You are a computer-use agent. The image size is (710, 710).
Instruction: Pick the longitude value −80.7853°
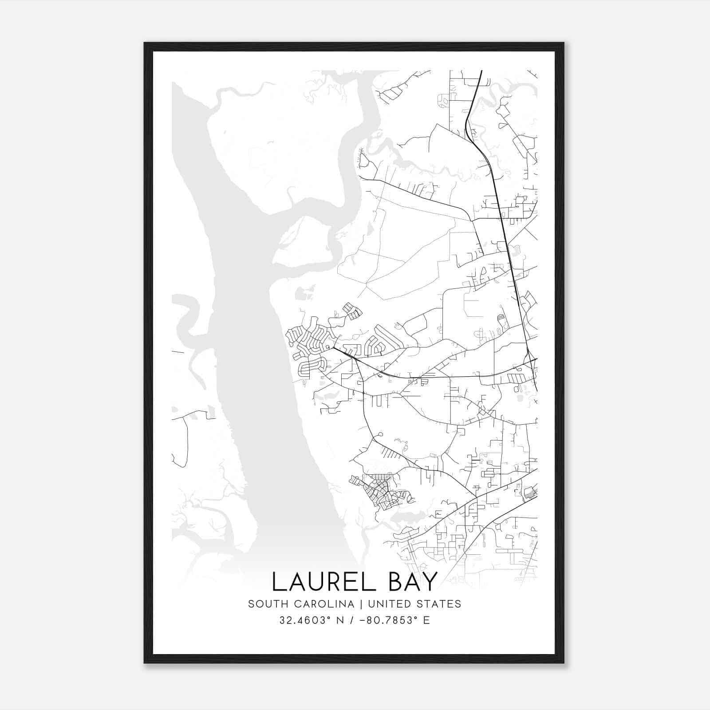[386, 620]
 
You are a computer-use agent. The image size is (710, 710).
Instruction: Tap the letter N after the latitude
[341, 620]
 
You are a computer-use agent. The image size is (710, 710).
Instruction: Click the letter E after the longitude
[426, 620]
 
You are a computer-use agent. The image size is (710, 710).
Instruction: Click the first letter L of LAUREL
[278, 582]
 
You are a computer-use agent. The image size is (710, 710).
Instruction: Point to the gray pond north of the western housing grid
[301, 292]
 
